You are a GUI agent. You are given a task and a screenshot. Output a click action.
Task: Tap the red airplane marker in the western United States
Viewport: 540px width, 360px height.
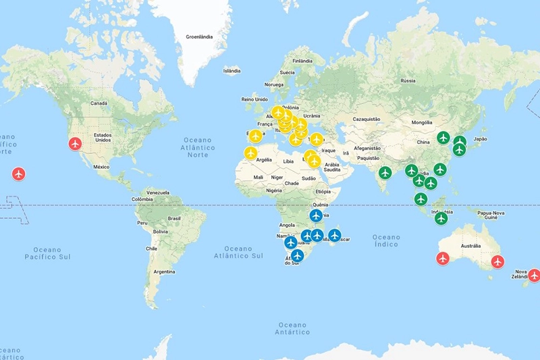[x=75, y=144]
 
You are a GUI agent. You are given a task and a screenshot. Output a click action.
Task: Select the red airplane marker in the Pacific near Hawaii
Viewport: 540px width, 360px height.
[x=18, y=174]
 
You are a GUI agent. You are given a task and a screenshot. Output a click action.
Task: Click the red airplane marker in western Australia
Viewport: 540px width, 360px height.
[x=443, y=258]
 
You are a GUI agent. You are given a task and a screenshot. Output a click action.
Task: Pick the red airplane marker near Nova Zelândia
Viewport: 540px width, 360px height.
[x=534, y=275]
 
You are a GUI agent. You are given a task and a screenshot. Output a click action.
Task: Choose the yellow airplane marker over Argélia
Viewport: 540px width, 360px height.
[x=250, y=154]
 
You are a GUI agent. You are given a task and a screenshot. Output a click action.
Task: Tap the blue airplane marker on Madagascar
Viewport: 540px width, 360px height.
[x=334, y=236]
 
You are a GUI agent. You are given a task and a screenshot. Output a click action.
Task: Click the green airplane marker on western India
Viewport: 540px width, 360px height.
[x=385, y=173]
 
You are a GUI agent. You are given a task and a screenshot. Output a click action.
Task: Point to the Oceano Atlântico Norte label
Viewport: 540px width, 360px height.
[x=198, y=147]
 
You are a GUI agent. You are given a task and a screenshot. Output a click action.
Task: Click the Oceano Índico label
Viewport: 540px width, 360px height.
[x=386, y=240]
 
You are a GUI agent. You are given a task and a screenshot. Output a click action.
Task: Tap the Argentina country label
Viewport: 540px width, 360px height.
[x=164, y=272]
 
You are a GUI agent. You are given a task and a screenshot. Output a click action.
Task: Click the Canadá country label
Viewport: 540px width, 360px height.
[x=99, y=103]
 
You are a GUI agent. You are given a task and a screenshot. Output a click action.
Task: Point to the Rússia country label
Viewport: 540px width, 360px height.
[x=408, y=80]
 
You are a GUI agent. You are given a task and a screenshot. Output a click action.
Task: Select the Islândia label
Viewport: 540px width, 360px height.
[x=232, y=70]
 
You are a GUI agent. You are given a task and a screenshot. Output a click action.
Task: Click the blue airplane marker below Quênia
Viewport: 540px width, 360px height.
[x=315, y=215]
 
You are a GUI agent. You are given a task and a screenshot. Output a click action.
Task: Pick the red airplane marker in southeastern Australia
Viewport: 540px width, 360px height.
[x=497, y=261]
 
